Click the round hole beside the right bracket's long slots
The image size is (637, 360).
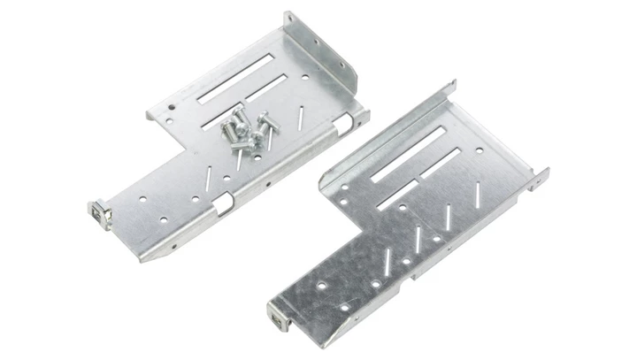[479, 150]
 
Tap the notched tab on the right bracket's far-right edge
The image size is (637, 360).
[539, 177]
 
